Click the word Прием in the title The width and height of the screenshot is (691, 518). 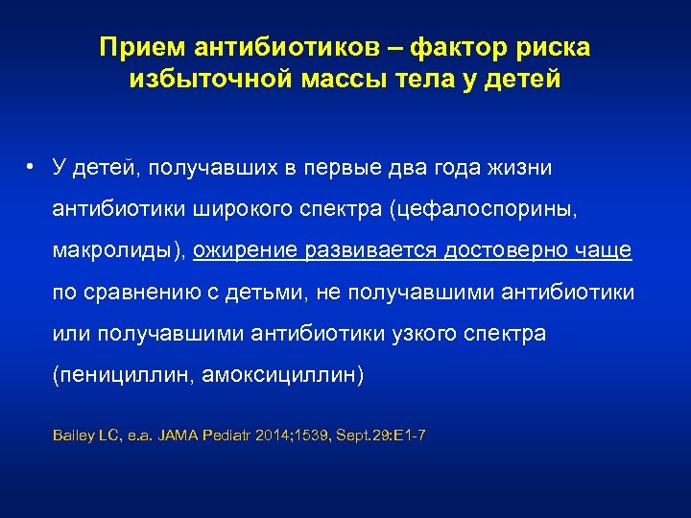point(136,47)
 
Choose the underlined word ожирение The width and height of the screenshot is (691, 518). point(246,251)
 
